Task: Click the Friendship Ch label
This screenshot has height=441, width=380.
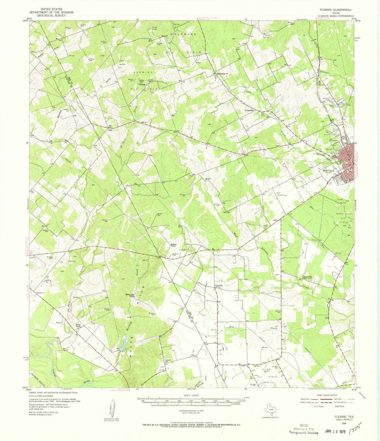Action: (222, 73)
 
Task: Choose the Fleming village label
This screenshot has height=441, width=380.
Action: (142, 84)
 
